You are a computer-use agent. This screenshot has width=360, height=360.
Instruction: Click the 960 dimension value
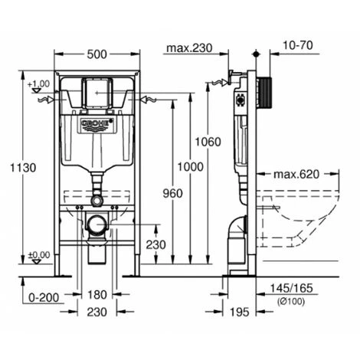click(173, 193)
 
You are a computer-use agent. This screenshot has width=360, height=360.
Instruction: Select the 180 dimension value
click(97, 295)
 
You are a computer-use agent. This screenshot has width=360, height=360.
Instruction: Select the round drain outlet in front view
click(97, 225)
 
